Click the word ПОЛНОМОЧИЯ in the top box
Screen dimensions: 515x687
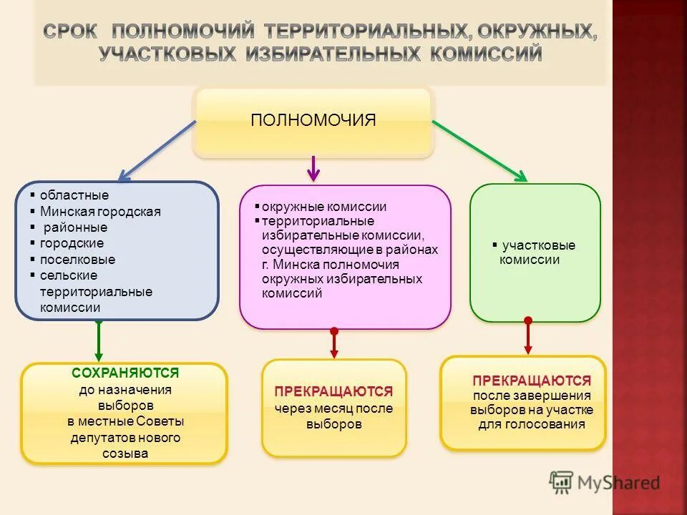point(313,119)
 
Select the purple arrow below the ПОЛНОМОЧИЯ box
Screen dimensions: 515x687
point(313,168)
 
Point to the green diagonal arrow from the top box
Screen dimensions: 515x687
point(479,150)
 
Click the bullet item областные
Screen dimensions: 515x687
point(74,195)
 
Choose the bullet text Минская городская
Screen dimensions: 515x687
point(100,211)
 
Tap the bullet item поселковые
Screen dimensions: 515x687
point(77,260)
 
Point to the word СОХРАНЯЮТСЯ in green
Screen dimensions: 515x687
point(125,373)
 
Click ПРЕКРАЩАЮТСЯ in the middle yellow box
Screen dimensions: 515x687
point(333,391)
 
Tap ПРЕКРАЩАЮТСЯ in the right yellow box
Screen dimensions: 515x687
point(532,381)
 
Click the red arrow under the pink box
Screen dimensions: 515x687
point(333,343)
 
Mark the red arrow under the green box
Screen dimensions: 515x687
point(528,335)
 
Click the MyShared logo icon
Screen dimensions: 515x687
point(562,483)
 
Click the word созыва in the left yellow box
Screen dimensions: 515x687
point(125,453)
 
